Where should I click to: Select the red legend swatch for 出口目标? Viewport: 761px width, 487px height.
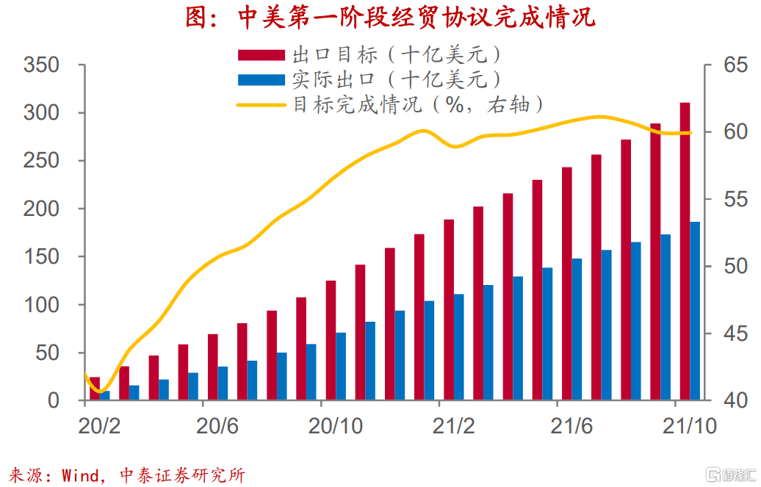[x=261, y=55]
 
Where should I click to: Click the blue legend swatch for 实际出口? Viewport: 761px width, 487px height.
[x=261, y=79]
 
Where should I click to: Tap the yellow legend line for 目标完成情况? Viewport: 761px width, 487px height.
[x=261, y=104]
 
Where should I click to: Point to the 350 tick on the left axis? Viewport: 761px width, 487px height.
[x=41, y=65]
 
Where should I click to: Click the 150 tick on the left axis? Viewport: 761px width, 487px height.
[x=41, y=257]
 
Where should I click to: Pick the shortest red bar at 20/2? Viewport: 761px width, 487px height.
[x=95, y=389]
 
